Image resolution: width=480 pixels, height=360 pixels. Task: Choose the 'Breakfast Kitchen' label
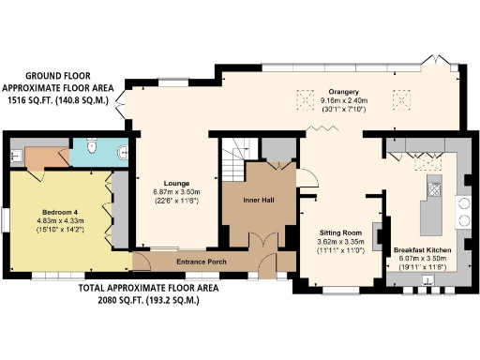pos(422,248)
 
